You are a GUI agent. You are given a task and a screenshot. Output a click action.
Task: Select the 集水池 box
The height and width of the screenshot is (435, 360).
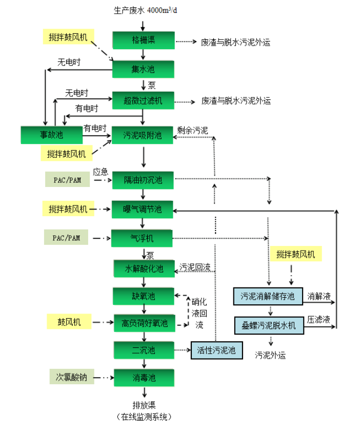[x=144, y=69]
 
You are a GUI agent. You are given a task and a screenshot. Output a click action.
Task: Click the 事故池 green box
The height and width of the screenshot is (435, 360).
[x=51, y=135]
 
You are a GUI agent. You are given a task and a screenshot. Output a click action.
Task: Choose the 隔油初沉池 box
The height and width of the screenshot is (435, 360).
[x=144, y=180]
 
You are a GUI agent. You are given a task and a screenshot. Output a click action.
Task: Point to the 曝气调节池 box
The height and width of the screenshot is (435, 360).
[x=144, y=210]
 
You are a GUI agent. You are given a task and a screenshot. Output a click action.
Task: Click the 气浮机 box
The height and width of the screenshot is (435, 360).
[x=144, y=238]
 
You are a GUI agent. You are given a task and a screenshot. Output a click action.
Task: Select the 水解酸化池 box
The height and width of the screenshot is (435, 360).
[x=144, y=268]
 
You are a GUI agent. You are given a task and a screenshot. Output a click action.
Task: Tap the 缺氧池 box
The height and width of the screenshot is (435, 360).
[x=144, y=296]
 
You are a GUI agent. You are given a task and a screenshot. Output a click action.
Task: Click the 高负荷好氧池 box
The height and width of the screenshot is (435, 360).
[x=144, y=323]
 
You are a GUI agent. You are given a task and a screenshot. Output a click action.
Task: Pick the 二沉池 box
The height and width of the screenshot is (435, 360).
[x=144, y=350]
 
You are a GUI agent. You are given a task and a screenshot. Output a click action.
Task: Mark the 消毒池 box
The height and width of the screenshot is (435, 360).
[x=144, y=378]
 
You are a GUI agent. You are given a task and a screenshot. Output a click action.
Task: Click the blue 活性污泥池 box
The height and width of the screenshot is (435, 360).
[x=216, y=350]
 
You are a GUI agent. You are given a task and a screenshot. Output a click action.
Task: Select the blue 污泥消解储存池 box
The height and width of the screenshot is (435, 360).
[x=268, y=296]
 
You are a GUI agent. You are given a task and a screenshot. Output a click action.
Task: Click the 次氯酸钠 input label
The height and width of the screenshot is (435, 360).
[x=72, y=377]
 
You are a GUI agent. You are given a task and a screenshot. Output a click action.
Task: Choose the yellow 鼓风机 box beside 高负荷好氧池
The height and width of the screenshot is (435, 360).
[x=69, y=322]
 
